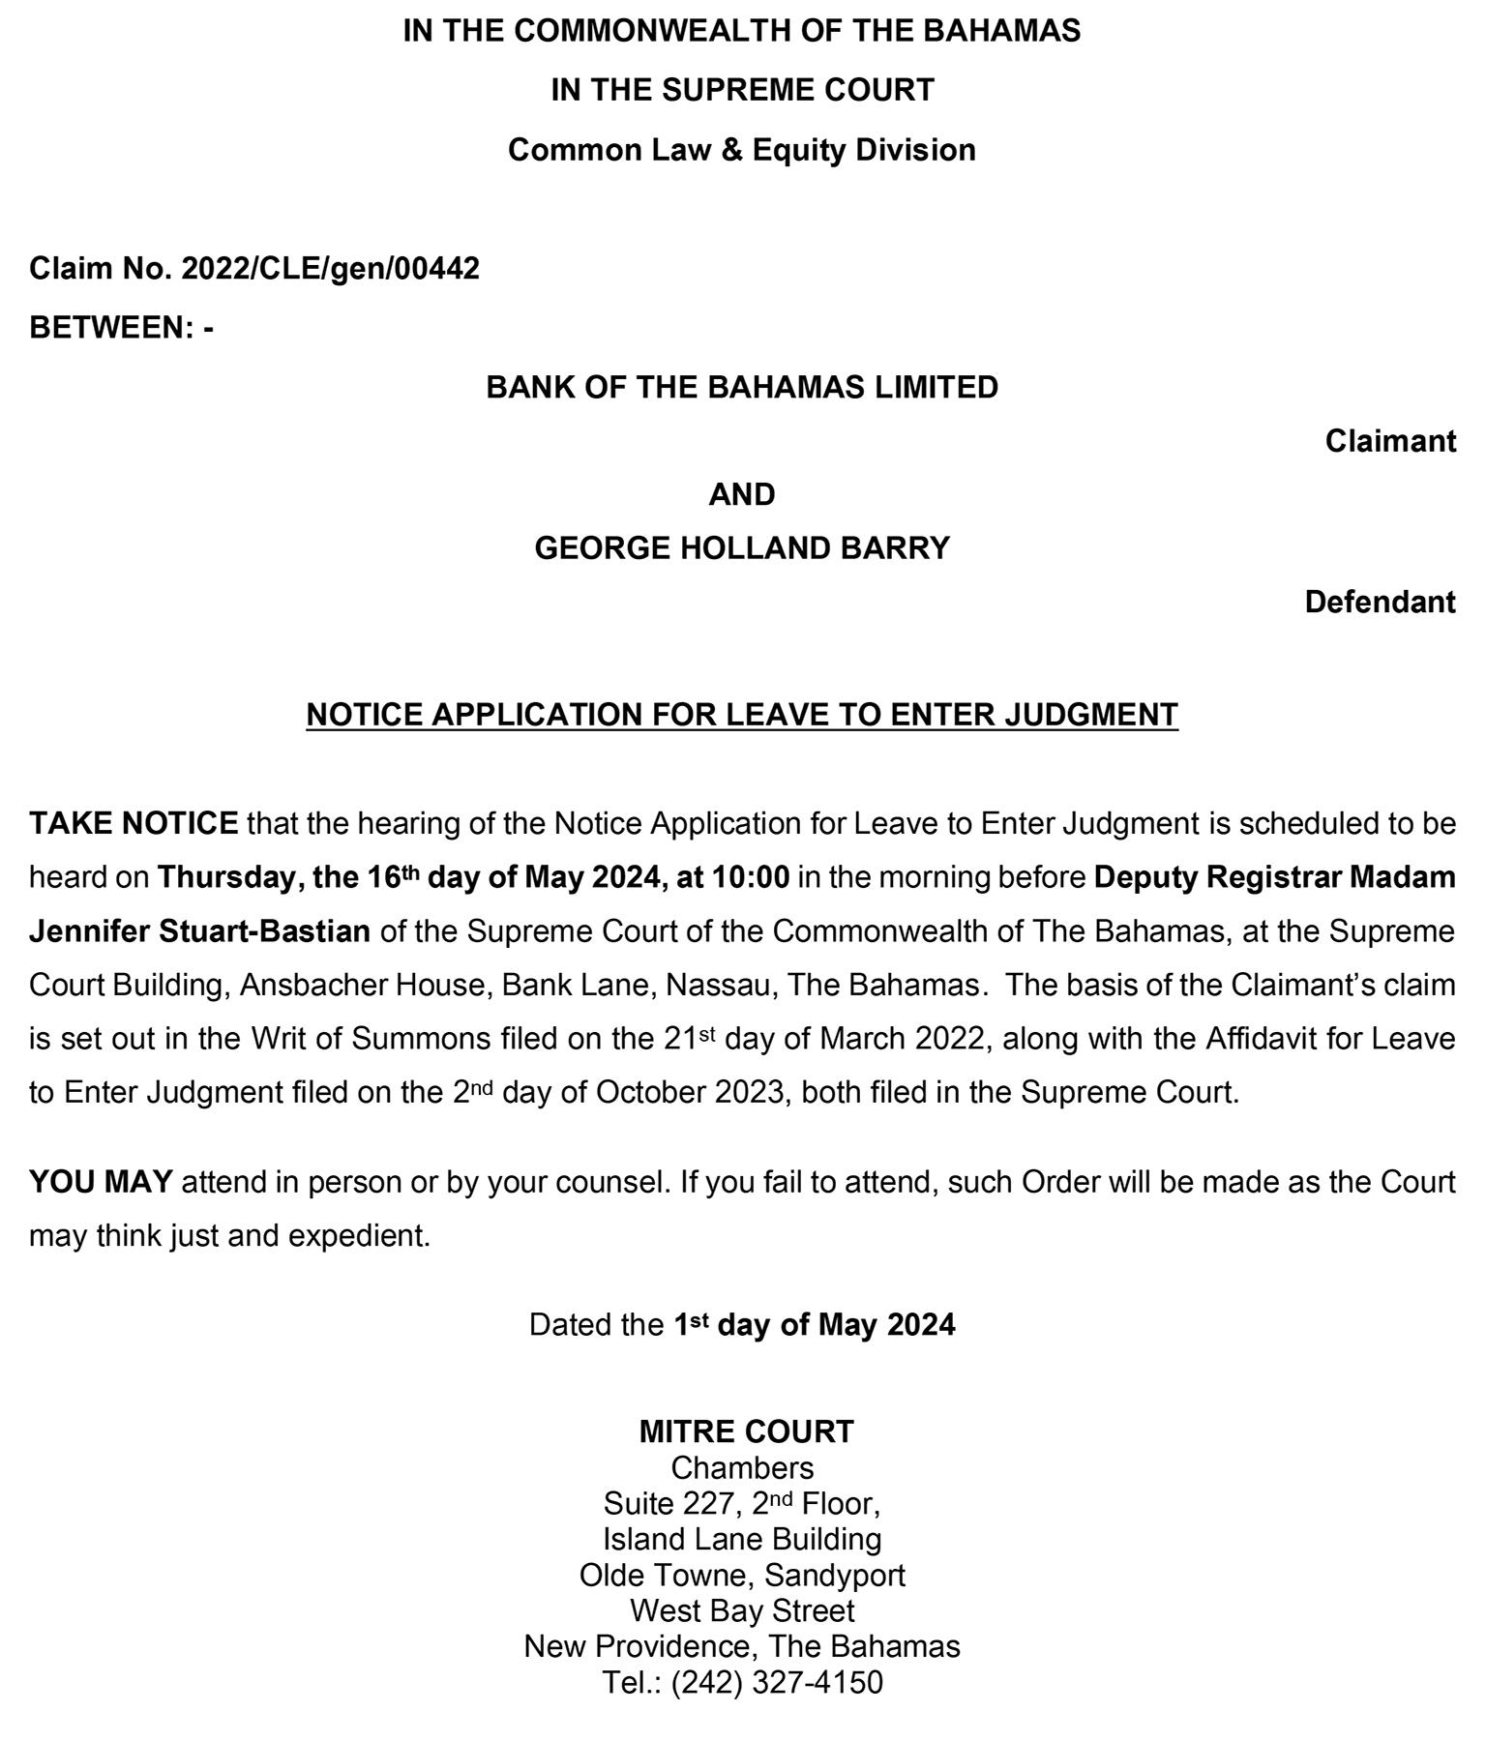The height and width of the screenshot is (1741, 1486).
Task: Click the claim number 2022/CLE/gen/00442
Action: [330, 268]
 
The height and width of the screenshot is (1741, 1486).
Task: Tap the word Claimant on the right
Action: [1390, 441]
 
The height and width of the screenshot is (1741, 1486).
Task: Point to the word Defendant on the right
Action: [1380, 602]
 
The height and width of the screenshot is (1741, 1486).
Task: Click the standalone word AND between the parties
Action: [742, 494]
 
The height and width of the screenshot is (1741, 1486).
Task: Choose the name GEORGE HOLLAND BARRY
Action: [742, 548]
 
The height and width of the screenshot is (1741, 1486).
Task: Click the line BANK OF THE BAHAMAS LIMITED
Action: [742, 387]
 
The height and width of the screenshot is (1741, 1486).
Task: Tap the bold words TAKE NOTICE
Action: [134, 823]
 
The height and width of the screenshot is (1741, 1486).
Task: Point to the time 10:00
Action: [751, 877]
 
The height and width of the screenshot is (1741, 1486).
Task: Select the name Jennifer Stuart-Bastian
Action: [199, 931]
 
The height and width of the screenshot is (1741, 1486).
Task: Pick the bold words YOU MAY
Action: [101, 1182]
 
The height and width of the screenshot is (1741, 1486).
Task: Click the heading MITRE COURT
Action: [746, 1431]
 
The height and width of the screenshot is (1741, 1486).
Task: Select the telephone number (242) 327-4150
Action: [777, 1682]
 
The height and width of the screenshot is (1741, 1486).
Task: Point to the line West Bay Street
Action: [742, 1610]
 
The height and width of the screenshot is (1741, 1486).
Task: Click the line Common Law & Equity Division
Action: [742, 150]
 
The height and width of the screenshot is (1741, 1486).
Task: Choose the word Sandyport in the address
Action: [835, 1575]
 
